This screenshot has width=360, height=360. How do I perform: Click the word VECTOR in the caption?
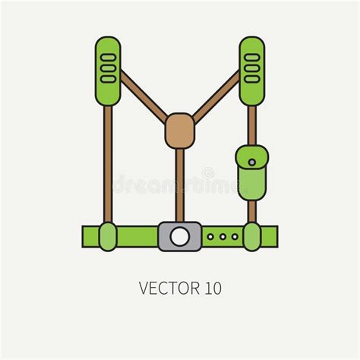pyautogui.click(x=169, y=288)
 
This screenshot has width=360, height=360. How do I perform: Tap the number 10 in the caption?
pyautogui.click(x=213, y=288)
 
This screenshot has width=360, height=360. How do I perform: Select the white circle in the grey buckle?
pyautogui.click(x=179, y=236)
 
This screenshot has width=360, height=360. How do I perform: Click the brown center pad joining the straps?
pyautogui.click(x=180, y=131)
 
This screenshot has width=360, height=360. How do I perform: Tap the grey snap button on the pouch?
pyautogui.click(x=252, y=163)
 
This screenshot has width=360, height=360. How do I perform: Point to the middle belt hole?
pyautogui.click(x=223, y=237)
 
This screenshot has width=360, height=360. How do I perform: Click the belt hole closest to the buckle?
pyautogui.click(x=210, y=237)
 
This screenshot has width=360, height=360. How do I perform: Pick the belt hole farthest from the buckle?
pyautogui.click(x=235, y=237)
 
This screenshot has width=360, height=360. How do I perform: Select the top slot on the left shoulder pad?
pyautogui.click(x=108, y=57)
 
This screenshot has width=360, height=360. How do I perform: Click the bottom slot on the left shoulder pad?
pyautogui.click(x=108, y=79)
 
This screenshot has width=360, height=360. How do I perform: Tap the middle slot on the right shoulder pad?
pyautogui.click(x=252, y=68)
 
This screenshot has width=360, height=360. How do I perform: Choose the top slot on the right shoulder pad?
pyautogui.click(x=252, y=57)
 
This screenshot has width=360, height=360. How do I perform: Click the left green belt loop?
pyautogui.click(x=108, y=237)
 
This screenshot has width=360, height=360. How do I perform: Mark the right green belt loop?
pyautogui.click(x=251, y=237)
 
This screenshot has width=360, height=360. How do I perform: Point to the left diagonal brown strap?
pyautogui.click(x=144, y=96)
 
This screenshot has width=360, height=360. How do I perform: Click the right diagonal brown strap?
pyautogui.click(x=216, y=96)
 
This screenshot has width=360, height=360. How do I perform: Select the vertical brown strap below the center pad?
pyautogui.click(x=180, y=185)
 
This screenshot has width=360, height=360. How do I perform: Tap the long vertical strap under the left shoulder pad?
pyautogui.click(x=108, y=164)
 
